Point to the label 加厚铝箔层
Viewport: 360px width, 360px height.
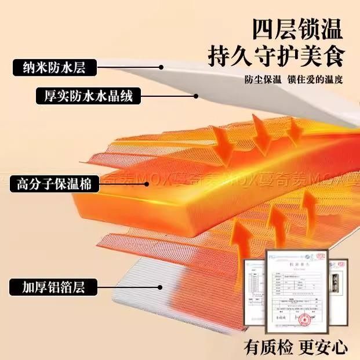click(53, 286)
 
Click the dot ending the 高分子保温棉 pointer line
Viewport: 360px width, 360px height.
click(148, 184)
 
